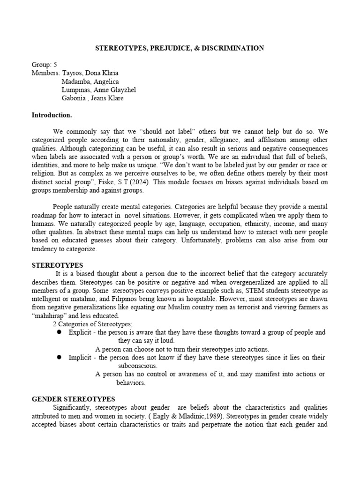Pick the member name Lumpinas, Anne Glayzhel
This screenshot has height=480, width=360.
[x=99, y=90]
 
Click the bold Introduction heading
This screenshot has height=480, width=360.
[x=52, y=115]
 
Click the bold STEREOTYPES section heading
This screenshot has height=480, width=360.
[x=57, y=265]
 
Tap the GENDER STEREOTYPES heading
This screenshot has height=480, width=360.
[x=73, y=399]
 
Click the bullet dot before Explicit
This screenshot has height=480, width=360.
[x=60, y=332]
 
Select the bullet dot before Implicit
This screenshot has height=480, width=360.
[x=60, y=357]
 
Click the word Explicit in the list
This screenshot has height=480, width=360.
[x=79, y=332]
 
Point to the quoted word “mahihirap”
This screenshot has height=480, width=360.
[x=50, y=315]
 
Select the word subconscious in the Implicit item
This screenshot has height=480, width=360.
[x=138, y=366]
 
